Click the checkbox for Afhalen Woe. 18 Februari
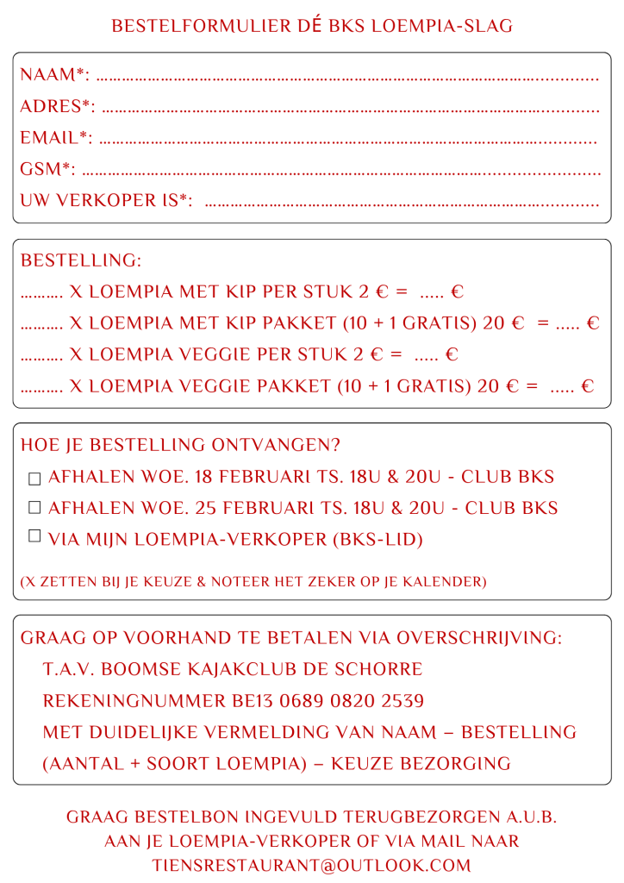pos(34,478)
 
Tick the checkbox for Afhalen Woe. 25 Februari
pos(34,509)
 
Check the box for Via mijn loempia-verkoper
pos(34,536)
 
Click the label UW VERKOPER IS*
pos(105,200)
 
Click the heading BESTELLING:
pos(81,260)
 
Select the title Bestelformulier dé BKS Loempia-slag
pos(312,26)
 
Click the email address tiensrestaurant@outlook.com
pos(312,865)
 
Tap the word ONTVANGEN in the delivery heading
pos(276,445)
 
